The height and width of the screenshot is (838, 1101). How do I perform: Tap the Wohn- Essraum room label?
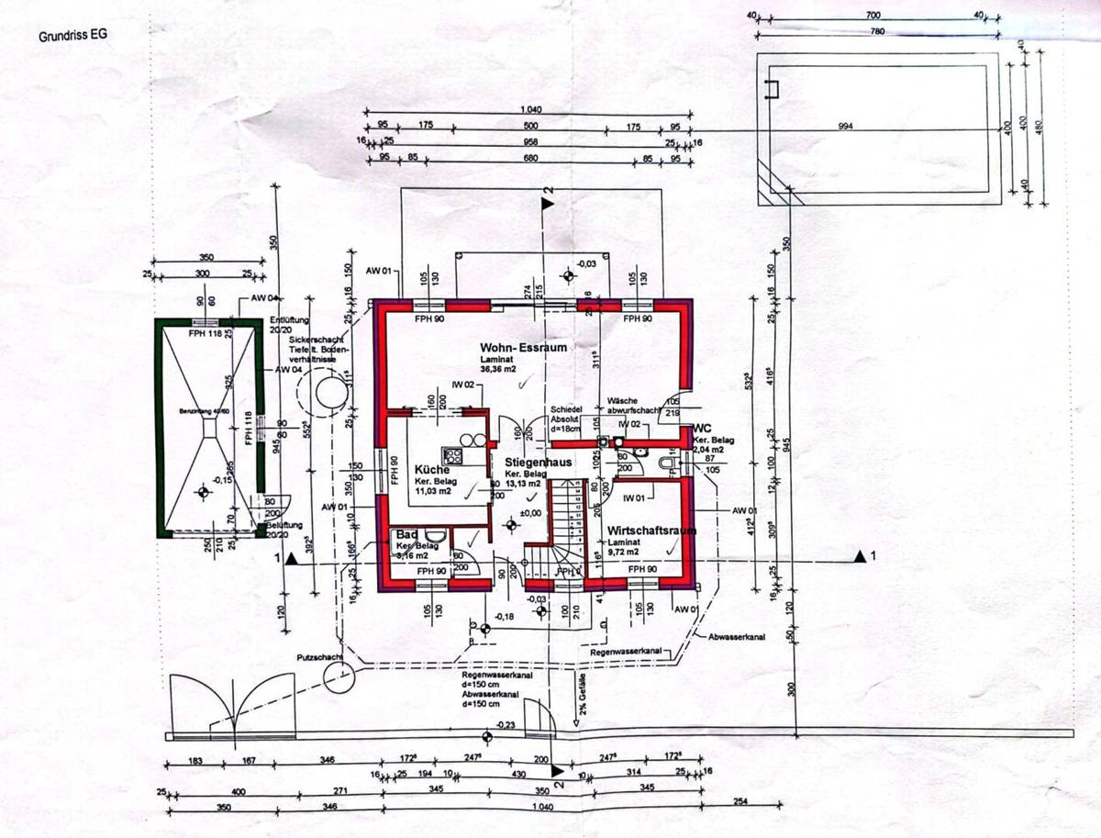pyautogui.click(x=523, y=348)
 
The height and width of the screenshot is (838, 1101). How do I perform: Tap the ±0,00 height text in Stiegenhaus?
pyautogui.click(x=531, y=513)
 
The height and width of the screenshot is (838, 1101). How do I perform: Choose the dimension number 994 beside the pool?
pyautogui.click(x=845, y=127)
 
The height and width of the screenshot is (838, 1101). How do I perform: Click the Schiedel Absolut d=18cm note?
pyautogui.click(x=567, y=419)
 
